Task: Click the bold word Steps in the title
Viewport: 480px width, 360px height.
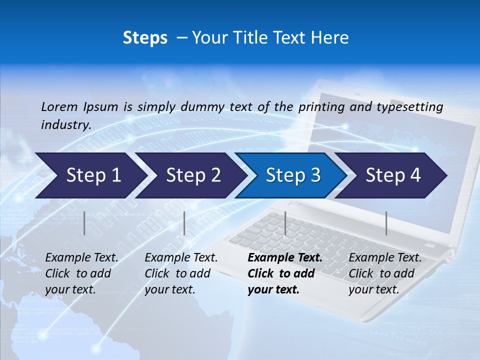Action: [145, 38]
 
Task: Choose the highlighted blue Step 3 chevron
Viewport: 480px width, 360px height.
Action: [292, 175]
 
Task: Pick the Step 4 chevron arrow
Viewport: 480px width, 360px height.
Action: [392, 175]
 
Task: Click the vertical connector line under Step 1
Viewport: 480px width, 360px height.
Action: [84, 223]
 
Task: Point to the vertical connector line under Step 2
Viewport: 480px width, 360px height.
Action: [184, 223]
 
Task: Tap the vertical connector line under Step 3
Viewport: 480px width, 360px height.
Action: [285, 223]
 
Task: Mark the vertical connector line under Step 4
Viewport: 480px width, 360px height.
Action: [386, 223]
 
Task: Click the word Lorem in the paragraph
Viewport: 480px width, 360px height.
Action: [59, 107]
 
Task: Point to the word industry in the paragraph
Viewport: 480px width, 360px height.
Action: [65, 125]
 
